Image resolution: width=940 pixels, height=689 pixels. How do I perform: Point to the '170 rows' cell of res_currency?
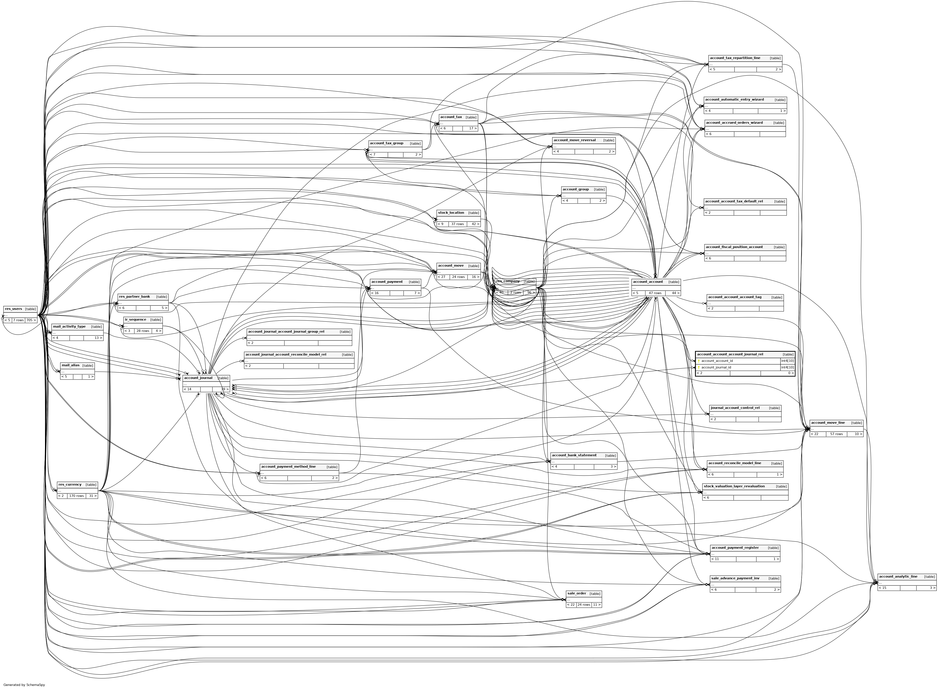pyautogui.click(x=76, y=496)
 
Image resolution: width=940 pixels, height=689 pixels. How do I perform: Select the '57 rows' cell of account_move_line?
pyautogui.click(x=836, y=434)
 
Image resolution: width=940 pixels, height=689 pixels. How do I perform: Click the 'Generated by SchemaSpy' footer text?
pyautogui.click(x=24, y=684)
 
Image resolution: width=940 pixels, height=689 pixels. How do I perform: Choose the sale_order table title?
pyautogui.click(x=577, y=593)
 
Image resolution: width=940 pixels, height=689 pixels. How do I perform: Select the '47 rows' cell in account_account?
pyautogui.click(x=655, y=293)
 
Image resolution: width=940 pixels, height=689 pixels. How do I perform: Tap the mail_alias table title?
pyautogui.click(x=70, y=365)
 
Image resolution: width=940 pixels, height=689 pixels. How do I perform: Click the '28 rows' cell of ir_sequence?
pyautogui.click(x=143, y=331)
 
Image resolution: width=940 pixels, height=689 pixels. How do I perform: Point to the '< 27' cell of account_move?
pyautogui.click(x=442, y=277)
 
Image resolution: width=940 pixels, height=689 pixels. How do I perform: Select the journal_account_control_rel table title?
pyautogui.click(x=735, y=408)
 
